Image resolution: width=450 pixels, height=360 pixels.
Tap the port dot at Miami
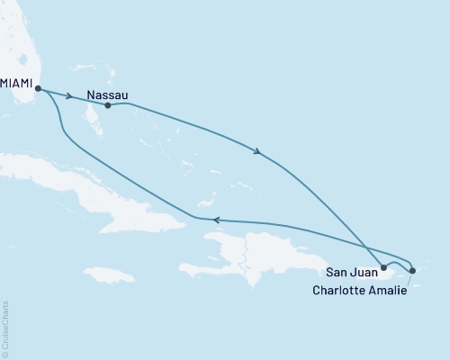tap(38, 87)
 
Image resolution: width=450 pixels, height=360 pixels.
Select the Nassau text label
tap(108, 92)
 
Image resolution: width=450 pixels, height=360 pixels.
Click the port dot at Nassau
tap(108, 105)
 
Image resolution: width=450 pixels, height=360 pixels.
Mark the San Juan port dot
tap(383, 267)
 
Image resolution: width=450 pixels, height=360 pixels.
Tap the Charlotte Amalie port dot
tap(411, 270)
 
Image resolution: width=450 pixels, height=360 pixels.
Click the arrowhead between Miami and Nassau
tap(69, 95)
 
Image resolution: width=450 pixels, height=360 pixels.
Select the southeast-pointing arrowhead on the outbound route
tap(259, 152)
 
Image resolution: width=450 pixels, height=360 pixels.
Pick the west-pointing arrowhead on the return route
tap(214, 219)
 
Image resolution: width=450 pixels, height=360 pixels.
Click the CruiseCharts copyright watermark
tap(5, 328)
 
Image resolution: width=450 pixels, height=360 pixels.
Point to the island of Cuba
tap(81, 184)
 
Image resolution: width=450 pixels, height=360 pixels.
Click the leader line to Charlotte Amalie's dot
tap(408, 279)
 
